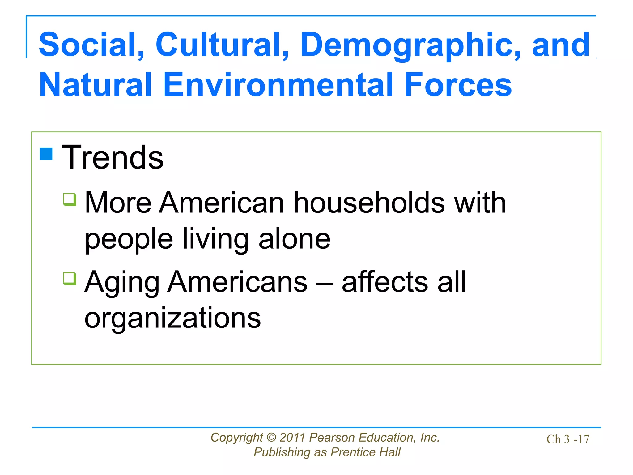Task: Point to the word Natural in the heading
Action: (96, 85)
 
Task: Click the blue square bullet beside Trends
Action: (46, 154)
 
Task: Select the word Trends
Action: (113, 158)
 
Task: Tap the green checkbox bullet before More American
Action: (70, 199)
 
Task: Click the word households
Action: (369, 203)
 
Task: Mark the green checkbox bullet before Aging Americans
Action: (70, 278)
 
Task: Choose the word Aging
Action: (122, 283)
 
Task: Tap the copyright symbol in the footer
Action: (271, 438)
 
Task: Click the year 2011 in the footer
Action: (292, 438)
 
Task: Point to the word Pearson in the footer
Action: (332, 438)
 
